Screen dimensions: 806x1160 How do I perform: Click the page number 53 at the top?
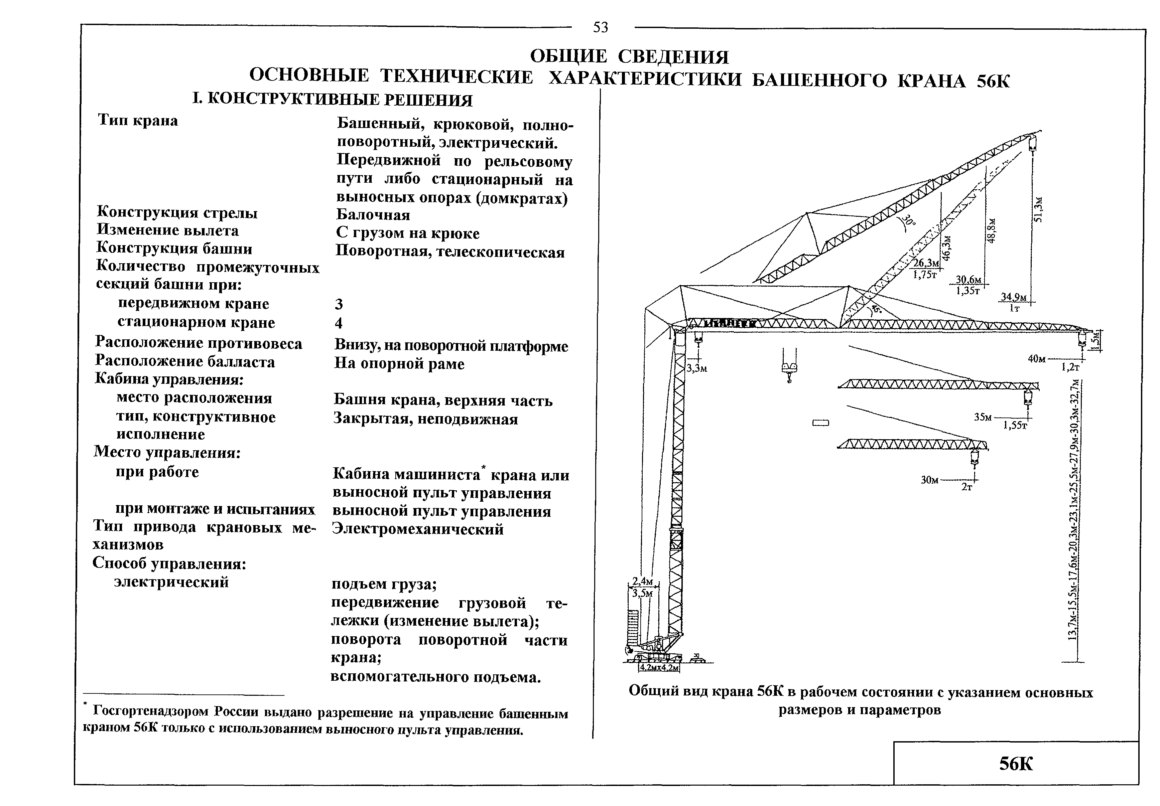[x=600, y=27]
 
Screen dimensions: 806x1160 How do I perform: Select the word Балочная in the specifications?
[x=373, y=215]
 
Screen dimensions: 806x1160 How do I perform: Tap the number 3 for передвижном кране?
[x=339, y=304]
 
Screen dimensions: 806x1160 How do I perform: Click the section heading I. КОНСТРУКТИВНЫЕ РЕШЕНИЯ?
[x=333, y=100]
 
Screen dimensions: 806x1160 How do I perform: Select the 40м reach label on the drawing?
[x=1037, y=358]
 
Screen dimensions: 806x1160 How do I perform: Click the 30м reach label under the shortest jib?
[x=930, y=480]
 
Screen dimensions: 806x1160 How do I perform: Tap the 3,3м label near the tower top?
[x=697, y=369]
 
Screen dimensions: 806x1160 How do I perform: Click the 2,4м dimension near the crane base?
[x=643, y=581]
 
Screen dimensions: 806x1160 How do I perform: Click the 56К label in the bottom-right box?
[x=1016, y=764]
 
